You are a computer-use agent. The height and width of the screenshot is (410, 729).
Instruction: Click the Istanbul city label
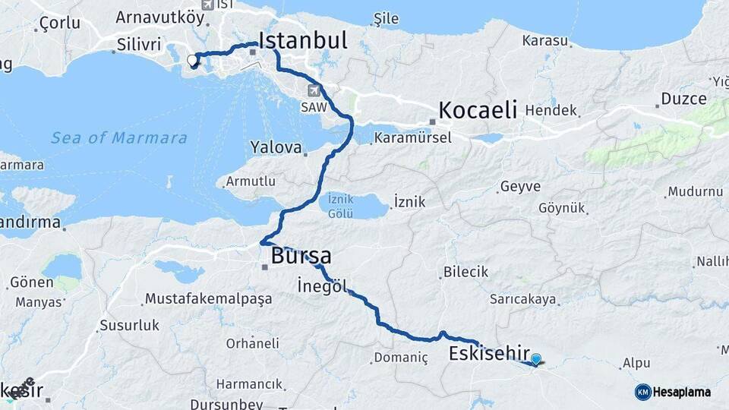303,39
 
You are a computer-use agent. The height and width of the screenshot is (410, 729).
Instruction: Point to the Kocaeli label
478,109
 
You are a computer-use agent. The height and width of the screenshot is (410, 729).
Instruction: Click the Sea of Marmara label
119,137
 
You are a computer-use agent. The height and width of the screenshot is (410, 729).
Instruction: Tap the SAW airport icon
314,90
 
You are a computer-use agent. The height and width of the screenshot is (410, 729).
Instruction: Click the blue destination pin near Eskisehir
536,360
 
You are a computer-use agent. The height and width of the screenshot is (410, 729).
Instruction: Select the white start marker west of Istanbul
192,60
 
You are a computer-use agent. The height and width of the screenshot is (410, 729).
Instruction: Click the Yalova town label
276,147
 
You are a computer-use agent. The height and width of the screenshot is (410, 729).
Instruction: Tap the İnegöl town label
322,286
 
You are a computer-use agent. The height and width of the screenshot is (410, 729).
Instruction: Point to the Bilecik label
465,272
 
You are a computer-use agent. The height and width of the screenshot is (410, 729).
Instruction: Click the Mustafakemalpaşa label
208,298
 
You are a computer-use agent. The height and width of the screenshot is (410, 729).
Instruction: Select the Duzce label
683,99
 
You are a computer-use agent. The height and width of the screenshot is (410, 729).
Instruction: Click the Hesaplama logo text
681,392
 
